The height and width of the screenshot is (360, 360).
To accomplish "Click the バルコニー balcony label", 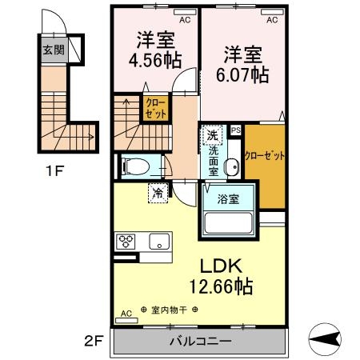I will (200, 342).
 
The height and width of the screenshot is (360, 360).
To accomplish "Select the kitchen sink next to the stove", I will (156, 239).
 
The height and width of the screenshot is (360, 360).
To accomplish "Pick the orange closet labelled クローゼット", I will (264, 156).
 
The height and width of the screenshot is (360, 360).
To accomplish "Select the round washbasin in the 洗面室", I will (231, 168).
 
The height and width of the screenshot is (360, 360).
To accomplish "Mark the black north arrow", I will (328, 339).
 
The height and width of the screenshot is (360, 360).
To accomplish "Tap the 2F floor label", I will (95, 339).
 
